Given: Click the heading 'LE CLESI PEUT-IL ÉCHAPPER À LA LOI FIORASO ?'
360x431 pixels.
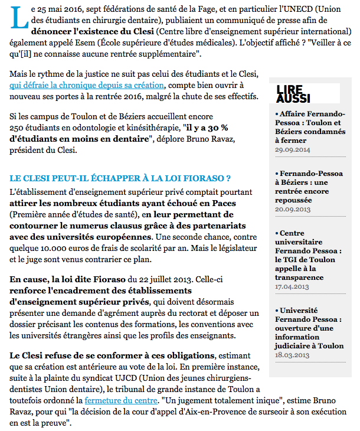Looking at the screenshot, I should click(x=120, y=178).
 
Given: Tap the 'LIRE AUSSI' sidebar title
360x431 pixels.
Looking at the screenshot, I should click(x=293, y=93).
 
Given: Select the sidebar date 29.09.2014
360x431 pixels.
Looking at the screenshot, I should click(x=293, y=150).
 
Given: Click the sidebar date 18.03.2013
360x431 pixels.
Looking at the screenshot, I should click(x=292, y=355).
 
